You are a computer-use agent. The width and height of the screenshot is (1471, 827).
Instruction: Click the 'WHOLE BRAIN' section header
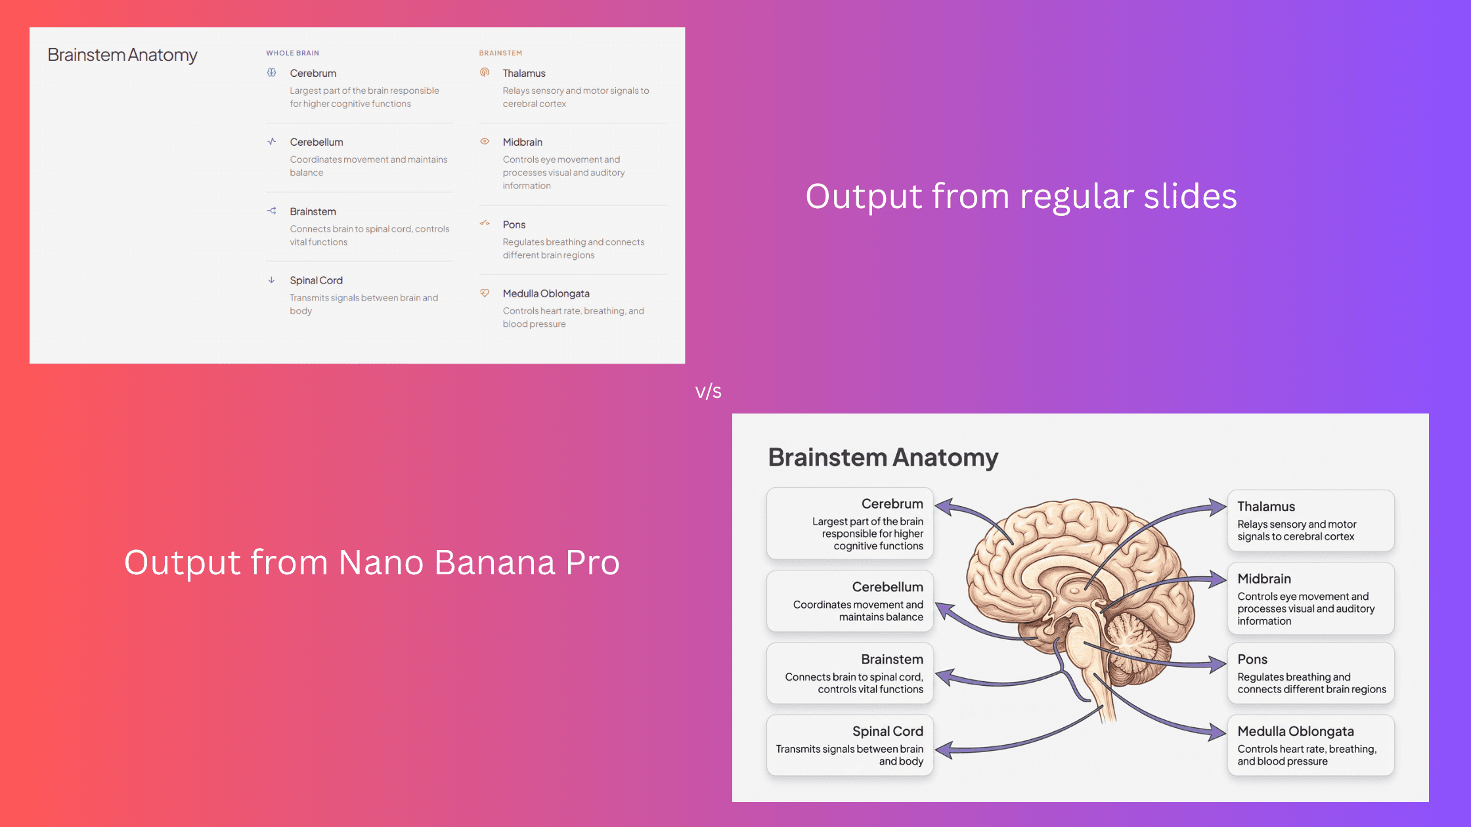click(292, 53)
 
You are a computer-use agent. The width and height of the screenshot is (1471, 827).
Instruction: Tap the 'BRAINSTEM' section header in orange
click(500, 53)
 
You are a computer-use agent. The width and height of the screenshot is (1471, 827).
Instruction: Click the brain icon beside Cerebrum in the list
click(272, 73)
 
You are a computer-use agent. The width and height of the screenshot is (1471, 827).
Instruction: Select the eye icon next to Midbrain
click(485, 141)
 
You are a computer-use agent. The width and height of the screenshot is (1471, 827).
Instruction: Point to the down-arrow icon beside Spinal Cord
click(271, 280)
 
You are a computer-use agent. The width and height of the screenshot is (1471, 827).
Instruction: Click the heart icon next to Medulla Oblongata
click(485, 293)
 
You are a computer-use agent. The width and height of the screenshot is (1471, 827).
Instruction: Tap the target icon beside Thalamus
click(485, 72)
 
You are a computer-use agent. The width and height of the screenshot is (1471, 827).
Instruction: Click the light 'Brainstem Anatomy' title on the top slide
click(122, 55)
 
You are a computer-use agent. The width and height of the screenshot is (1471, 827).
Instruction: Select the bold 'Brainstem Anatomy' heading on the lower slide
click(883, 457)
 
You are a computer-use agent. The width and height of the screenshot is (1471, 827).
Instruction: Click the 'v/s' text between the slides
click(708, 391)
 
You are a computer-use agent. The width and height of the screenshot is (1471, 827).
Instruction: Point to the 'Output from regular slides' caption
click(1021, 196)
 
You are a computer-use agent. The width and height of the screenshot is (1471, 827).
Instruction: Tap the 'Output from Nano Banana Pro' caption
click(372, 562)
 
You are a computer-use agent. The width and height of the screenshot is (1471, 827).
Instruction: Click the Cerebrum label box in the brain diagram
click(850, 524)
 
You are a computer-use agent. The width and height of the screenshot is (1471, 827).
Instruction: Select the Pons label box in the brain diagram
click(1311, 673)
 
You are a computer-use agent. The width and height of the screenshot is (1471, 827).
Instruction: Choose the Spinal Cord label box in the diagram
click(850, 746)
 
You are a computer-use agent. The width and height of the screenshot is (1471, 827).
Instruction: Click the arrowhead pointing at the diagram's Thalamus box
click(1219, 507)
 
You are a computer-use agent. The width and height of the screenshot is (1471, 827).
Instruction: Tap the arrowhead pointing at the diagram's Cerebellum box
click(943, 610)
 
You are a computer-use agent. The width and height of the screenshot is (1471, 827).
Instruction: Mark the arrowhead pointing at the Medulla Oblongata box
click(1219, 732)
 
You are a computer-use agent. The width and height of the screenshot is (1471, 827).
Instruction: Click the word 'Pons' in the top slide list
click(514, 224)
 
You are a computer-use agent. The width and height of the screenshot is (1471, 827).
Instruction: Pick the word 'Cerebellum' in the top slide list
click(317, 142)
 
